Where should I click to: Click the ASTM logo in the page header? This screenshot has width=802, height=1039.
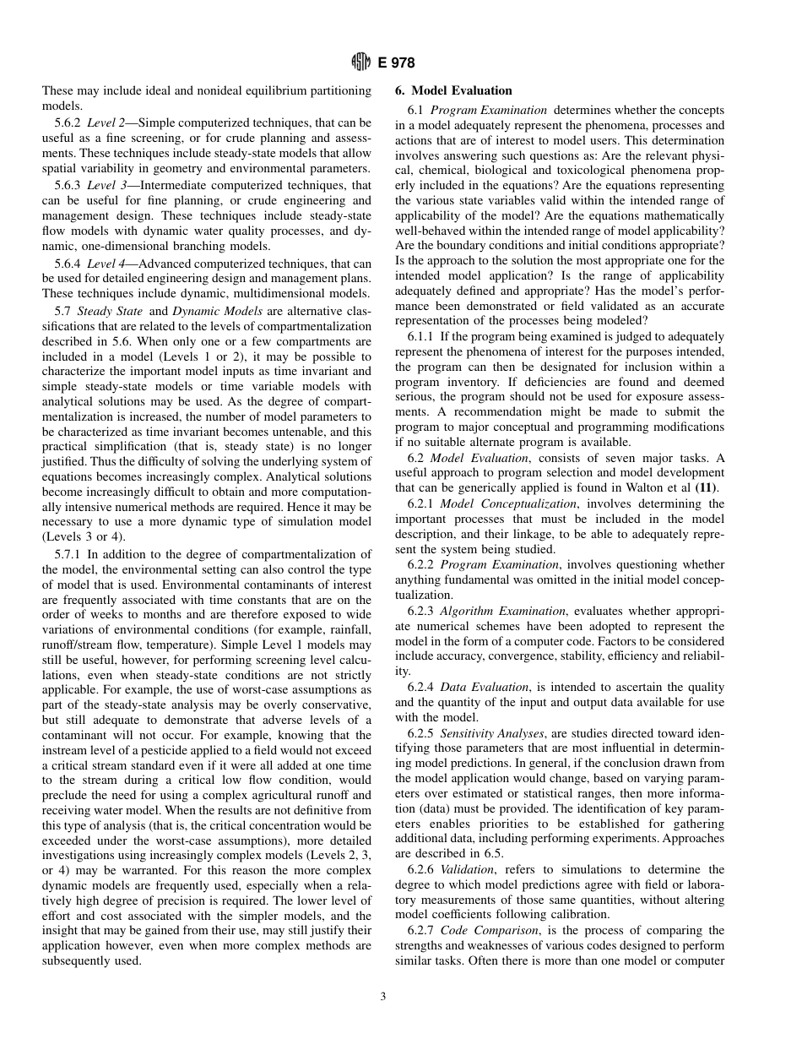[x=360, y=63]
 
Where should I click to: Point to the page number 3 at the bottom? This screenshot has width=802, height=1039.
[x=382, y=997]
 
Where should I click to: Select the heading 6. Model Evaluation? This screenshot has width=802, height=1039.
[x=453, y=90]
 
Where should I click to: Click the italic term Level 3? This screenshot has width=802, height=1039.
[x=106, y=185]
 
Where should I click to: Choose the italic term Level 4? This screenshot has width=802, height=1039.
[x=106, y=264]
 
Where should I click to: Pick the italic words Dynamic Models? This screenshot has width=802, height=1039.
[x=223, y=311]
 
